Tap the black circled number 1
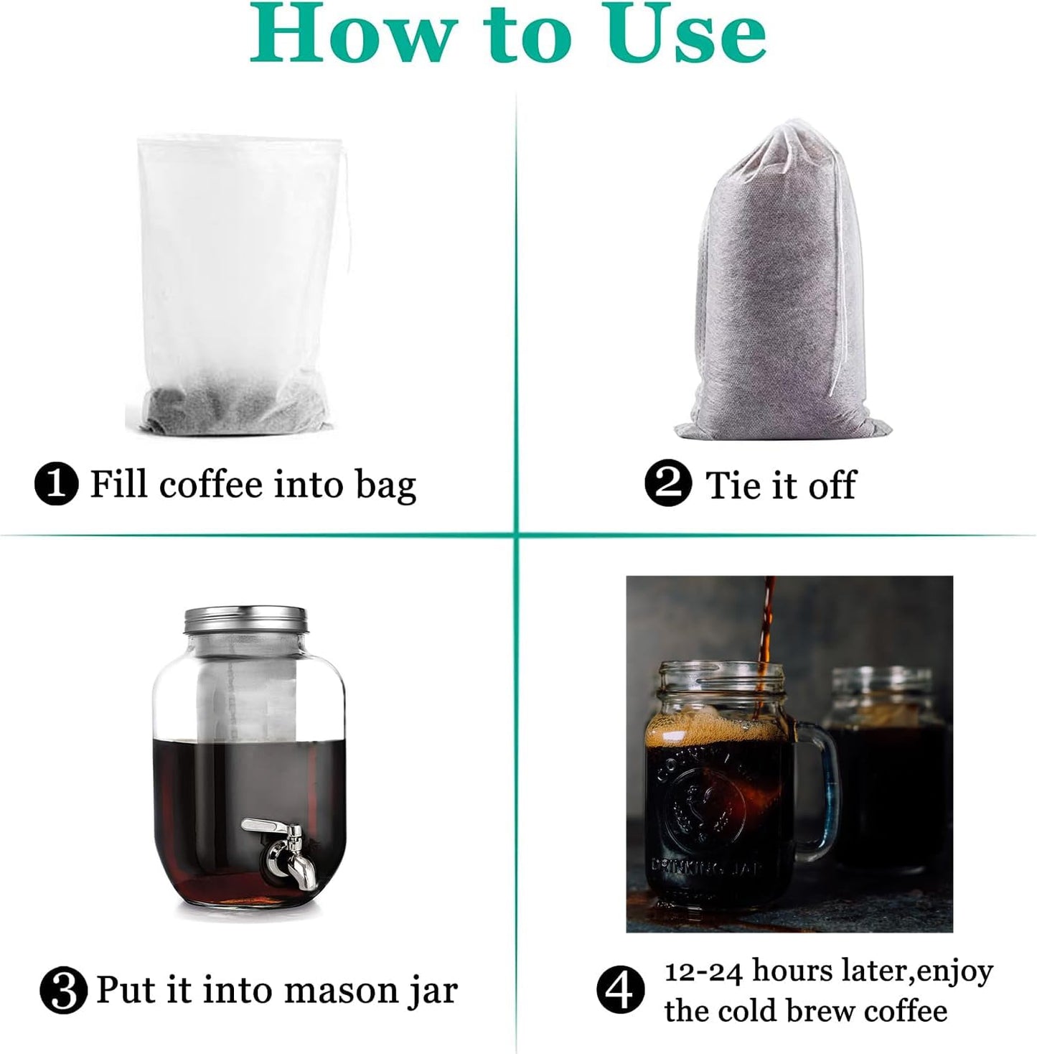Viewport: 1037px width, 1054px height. pyautogui.click(x=57, y=484)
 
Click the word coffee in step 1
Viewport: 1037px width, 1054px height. pyautogui.click(x=211, y=484)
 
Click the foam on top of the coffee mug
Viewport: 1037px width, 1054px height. pyautogui.click(x=718, y=732)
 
